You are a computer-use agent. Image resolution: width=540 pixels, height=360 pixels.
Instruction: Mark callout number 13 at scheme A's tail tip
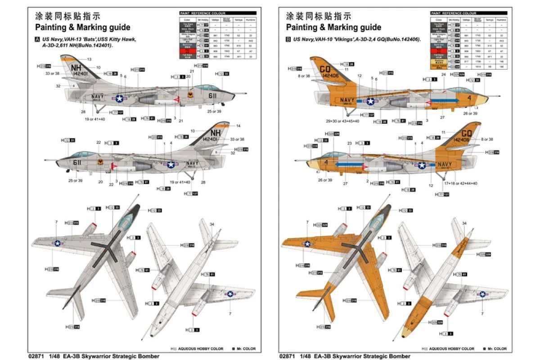[x=89, y=59]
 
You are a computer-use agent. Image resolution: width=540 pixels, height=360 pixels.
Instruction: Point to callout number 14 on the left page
[x=238, y=126]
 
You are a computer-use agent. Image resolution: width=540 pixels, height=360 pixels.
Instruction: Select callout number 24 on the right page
[x=443, y=74]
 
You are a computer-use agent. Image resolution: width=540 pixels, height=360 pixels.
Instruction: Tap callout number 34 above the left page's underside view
[x=211, y=224]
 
